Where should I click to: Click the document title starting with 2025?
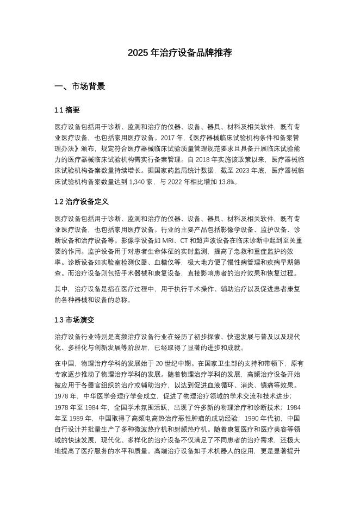(x=180, y=53)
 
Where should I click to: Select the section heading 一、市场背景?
(x=80, y=86)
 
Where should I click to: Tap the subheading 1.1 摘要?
(x=67, y=110)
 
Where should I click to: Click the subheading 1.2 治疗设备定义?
(x=82, y=202)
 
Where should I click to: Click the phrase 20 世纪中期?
(x=173, y=363)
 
